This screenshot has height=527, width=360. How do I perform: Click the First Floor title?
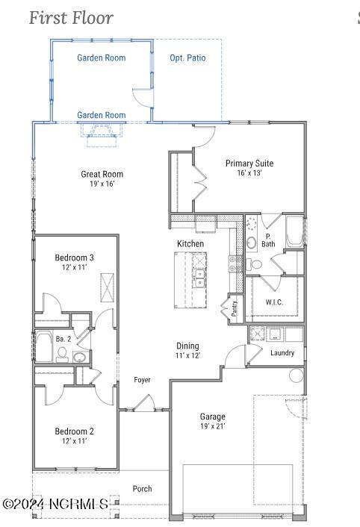[x=71, y=18]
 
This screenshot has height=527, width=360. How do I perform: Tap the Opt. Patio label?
[x=187, y=57]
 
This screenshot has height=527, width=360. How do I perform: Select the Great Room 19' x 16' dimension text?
[x=102, y=184]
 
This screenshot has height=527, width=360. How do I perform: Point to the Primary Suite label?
[x=249, y=163]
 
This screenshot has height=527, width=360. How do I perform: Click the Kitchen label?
[x=190, y=243]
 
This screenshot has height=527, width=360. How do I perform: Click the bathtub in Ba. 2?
[x=44, y=346]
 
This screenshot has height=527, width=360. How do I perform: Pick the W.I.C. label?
[x=274, y=302]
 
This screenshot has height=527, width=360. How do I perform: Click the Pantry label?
[x=235, y=308]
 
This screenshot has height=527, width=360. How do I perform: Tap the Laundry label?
[x=282, y=353]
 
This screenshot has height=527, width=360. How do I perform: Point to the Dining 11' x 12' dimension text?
[x=187, y=355]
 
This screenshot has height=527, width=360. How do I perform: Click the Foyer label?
[x=142, y=380]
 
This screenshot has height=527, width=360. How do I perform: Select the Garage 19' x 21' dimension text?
[x=212, y=426]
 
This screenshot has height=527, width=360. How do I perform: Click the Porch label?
[x=142, y=489]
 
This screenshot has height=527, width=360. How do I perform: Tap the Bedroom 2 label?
[x=74, y=431]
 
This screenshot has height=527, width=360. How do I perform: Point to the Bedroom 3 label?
[x=74, y=258]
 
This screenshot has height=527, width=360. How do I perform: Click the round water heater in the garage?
[x=297, y=375]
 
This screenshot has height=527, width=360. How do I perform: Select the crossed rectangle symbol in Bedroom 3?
[x=108, y=288]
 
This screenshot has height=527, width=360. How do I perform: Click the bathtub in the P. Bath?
[x=294, y=232]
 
